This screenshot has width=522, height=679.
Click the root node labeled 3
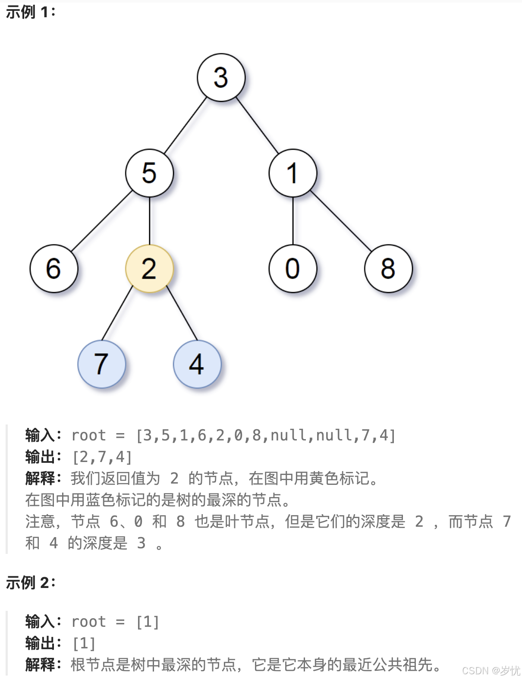pos(221,78)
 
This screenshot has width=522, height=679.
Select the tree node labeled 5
pos(149,173)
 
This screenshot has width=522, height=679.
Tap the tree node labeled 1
pos(292,173)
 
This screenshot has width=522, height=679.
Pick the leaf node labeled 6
pos(53,268)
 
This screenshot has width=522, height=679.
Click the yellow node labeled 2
pos(149,268)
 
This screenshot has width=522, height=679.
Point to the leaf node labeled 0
pos(292,268)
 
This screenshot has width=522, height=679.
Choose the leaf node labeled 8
pos(388,268)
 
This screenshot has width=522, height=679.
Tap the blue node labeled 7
pos(101,364)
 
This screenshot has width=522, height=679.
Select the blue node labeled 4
pos(197,364)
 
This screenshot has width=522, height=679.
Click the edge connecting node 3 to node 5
pos(185,126)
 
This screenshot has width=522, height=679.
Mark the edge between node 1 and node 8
pos(340,221)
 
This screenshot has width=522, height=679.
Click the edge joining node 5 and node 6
pos(101,221)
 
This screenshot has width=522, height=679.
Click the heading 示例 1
pos(30,12)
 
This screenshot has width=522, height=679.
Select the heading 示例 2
pos(30,582)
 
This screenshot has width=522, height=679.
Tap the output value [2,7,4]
pos(102,457)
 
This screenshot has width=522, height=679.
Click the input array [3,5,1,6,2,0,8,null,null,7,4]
pos(266,435)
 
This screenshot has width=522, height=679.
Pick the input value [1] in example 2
pos(148,622)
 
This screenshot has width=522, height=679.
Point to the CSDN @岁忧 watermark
pos(491,670)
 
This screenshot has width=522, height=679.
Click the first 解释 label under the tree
pos(41,478)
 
